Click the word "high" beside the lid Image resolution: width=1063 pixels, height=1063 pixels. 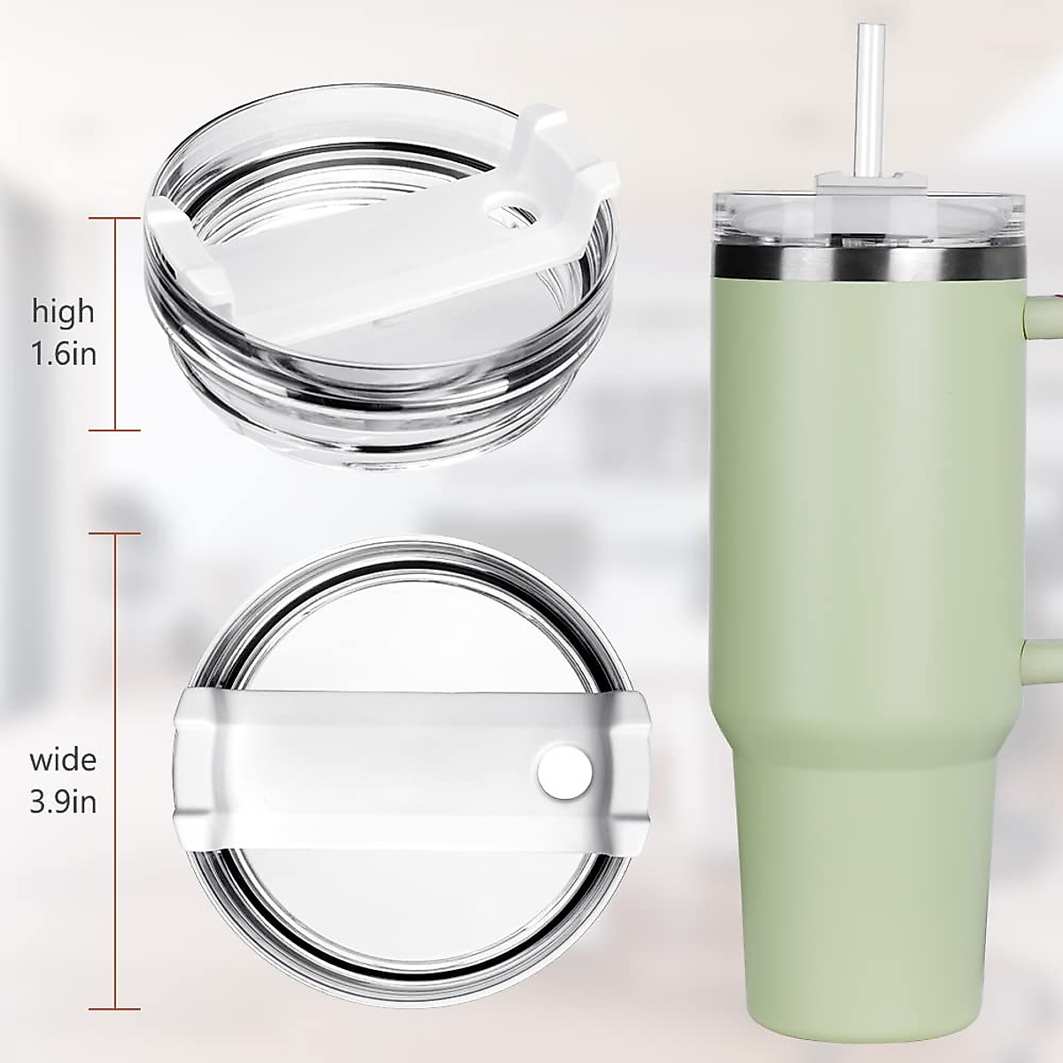(x=63, y=312)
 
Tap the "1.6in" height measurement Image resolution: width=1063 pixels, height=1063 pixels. (x=63, y=354)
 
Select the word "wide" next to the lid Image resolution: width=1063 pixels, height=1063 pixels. (x=63, y=760)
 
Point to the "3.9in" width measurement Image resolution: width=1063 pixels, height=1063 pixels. (x=63, y=803)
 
